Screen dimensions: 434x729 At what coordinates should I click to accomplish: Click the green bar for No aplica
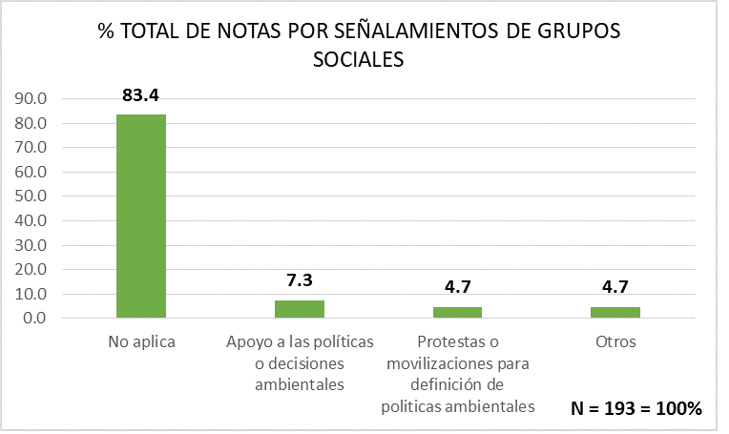[140, 216]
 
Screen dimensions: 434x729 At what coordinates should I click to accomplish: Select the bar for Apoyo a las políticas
[299, 308]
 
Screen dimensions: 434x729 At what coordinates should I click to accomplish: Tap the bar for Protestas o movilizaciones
[457, 312]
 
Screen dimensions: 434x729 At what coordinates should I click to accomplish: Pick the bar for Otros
[615, 312]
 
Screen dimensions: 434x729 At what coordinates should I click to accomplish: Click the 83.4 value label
[140, 95]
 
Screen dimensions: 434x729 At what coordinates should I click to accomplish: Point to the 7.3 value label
[299, 281]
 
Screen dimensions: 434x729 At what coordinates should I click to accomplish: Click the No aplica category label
[141, 341]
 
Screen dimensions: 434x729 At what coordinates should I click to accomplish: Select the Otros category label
[615, 341]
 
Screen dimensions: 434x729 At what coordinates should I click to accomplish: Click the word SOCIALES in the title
[359, 59]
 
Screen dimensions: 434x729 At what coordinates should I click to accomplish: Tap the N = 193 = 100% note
[636, 408]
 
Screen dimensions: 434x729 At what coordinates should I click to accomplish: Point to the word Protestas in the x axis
[448, 341]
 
